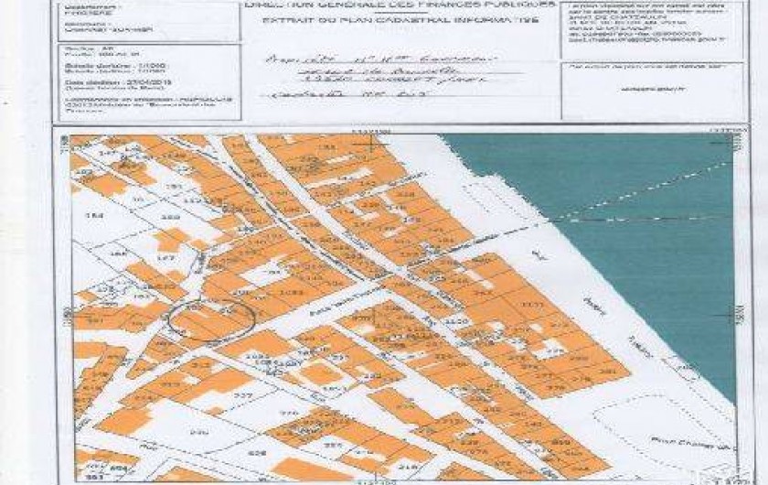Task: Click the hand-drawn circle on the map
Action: [x=209, y=319]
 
